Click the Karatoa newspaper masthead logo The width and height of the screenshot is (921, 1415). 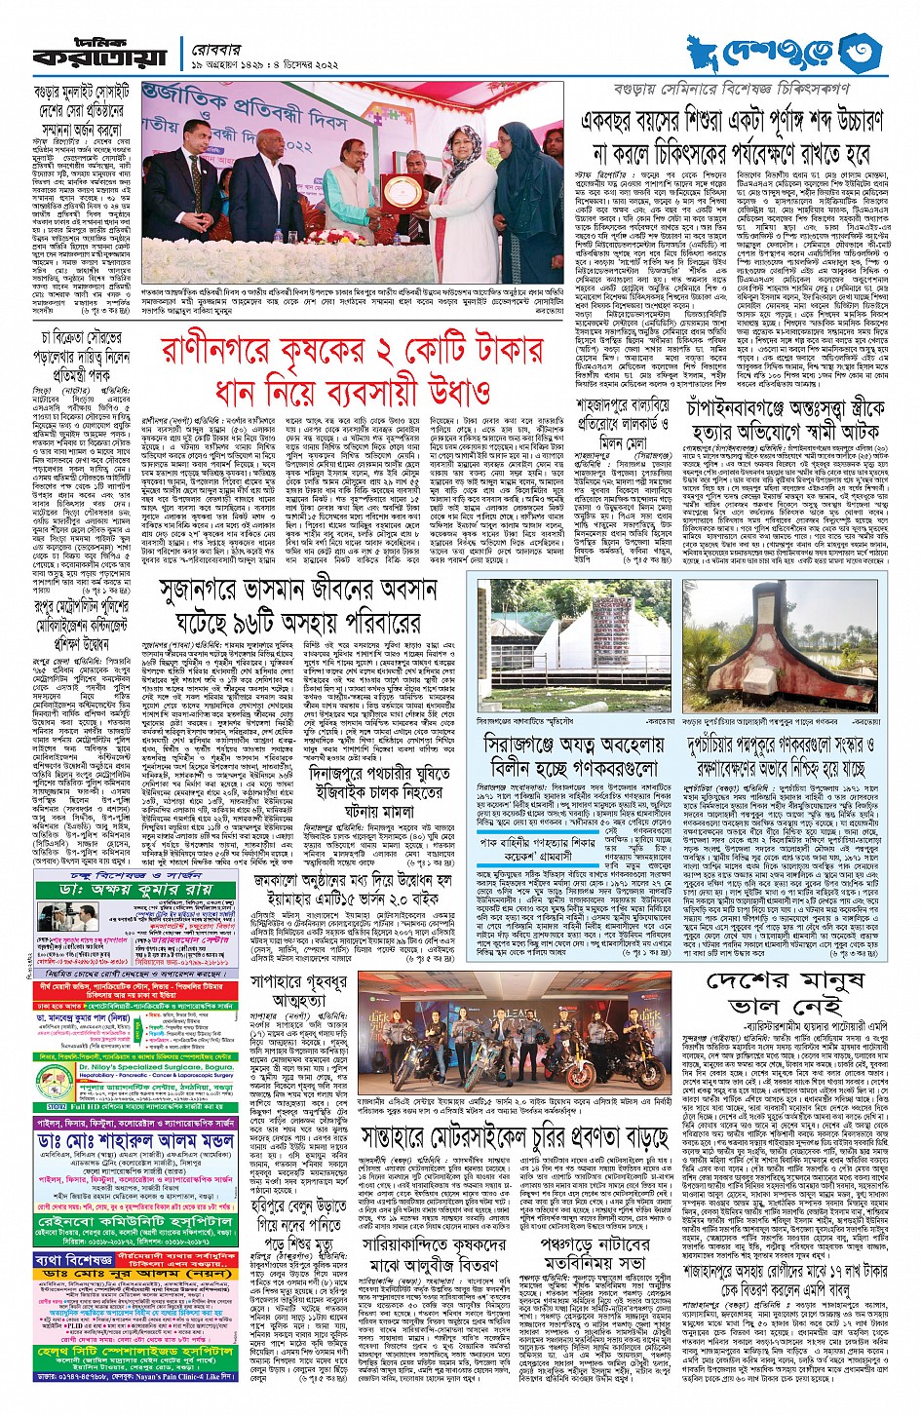[x=97, y=54]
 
